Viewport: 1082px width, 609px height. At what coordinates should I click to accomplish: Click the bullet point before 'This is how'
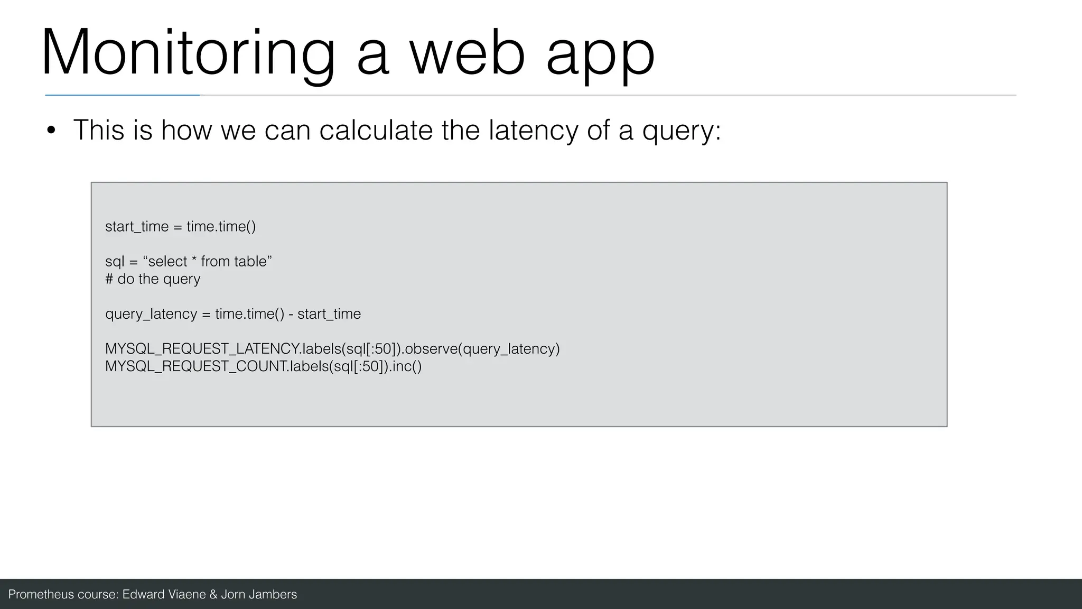tap(51, 131)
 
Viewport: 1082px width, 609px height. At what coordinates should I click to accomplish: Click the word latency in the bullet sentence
tap(533, 131)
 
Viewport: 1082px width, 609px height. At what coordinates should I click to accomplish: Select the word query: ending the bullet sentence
tap(682, 131)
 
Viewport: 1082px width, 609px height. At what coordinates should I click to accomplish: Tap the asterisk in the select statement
tap(194, 260)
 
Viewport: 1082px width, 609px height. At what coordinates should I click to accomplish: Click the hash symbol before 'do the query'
tap(109, 279)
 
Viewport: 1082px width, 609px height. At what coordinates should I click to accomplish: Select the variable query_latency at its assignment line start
tap(151, 315)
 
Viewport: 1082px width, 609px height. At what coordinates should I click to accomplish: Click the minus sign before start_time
tap(291, 315)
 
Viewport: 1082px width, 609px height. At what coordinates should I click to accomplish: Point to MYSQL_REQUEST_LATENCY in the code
tap(202, 349)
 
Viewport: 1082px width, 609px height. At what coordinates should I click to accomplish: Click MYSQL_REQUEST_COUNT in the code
tap(196, 367)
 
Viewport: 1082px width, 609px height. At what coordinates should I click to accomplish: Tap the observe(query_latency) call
tap(482, 349)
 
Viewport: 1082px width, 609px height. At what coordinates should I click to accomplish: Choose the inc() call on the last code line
tap(407, 367)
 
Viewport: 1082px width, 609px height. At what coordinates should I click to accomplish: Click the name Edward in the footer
tap(143, 595)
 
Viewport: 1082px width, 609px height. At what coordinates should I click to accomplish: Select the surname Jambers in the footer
tap(273, 595)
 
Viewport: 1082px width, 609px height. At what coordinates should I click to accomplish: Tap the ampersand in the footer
tap(213, 595)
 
